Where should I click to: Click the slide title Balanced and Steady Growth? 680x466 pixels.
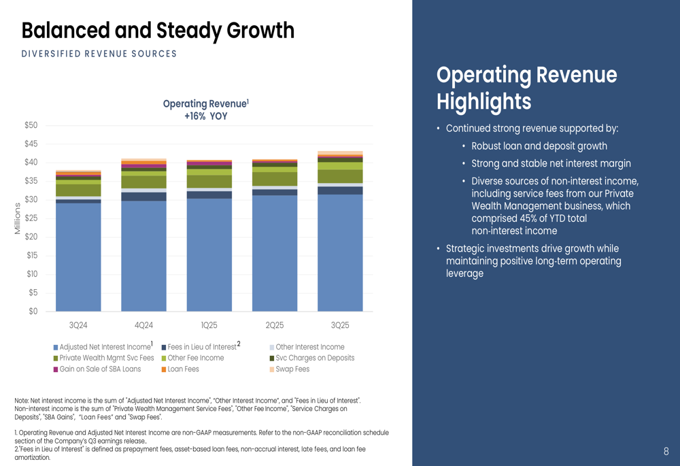click(x=158, y=31)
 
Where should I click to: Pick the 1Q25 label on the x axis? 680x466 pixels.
click(x=209, y=325)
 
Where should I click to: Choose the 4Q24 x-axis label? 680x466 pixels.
click(x=143, y=325)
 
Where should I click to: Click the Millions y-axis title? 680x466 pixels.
click(x=18, y=218)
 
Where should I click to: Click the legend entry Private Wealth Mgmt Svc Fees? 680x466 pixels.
click(x=106, y=358)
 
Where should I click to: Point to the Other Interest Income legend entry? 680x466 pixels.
click(x=309, y=347)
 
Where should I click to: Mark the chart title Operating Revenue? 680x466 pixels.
click(x=205, y=104)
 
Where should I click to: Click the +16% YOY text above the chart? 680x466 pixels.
click(x=205, y=116)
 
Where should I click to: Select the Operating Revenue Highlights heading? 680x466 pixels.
click(x=526, y=88)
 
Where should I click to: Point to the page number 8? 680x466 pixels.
click(x=666, y=452)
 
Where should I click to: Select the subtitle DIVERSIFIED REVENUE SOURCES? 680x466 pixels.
click(x=99, y=54)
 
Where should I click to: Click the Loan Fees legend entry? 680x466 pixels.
click(x=183, y=369)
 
